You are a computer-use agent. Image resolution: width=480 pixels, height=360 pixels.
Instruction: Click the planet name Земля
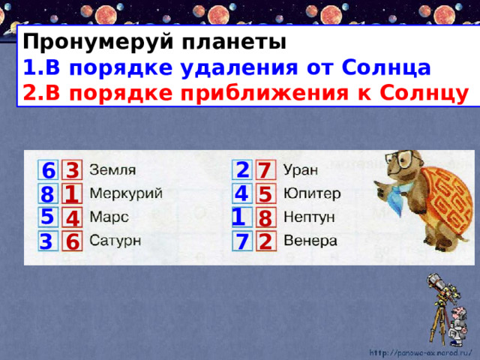click(113, 169)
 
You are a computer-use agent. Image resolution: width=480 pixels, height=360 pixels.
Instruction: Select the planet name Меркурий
click(126, 193)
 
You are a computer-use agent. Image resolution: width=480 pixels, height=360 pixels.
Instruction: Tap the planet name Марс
click(109, 217)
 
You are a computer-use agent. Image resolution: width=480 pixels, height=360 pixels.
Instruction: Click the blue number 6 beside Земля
click(48, 170)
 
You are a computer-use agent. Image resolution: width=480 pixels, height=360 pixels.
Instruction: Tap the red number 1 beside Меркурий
click(72, 194)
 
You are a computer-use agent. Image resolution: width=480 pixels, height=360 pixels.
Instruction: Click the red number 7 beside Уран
click(264, 171)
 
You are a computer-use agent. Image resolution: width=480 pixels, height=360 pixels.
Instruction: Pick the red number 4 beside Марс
click(72, 220)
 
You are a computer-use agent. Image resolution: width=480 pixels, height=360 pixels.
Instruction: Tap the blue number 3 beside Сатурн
click(46, 242)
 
